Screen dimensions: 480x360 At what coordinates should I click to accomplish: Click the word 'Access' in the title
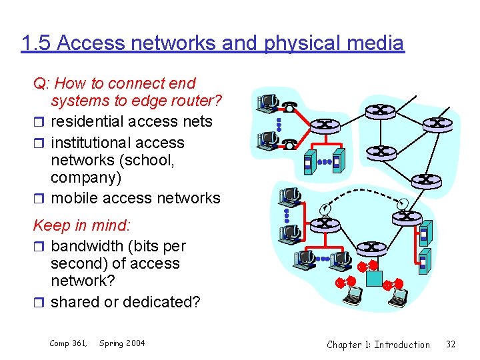coord(85,43)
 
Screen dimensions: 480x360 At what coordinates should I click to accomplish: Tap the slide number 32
coord(451,345)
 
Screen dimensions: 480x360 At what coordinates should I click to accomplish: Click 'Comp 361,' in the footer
coord(68,343)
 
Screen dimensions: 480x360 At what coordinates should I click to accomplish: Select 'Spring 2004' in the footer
coord(122,343)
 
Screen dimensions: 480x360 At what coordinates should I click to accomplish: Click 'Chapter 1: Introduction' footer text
coord(378,345)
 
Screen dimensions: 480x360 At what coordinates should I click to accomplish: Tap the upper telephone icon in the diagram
coord(289,107)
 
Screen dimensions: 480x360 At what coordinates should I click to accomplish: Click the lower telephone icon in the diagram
coord(289,143)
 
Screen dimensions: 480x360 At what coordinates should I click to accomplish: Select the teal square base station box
coord(373,278)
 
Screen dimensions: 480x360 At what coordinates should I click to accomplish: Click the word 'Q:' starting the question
coord(41,83)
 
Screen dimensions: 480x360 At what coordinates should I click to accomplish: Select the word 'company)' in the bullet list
coord(80,178)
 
